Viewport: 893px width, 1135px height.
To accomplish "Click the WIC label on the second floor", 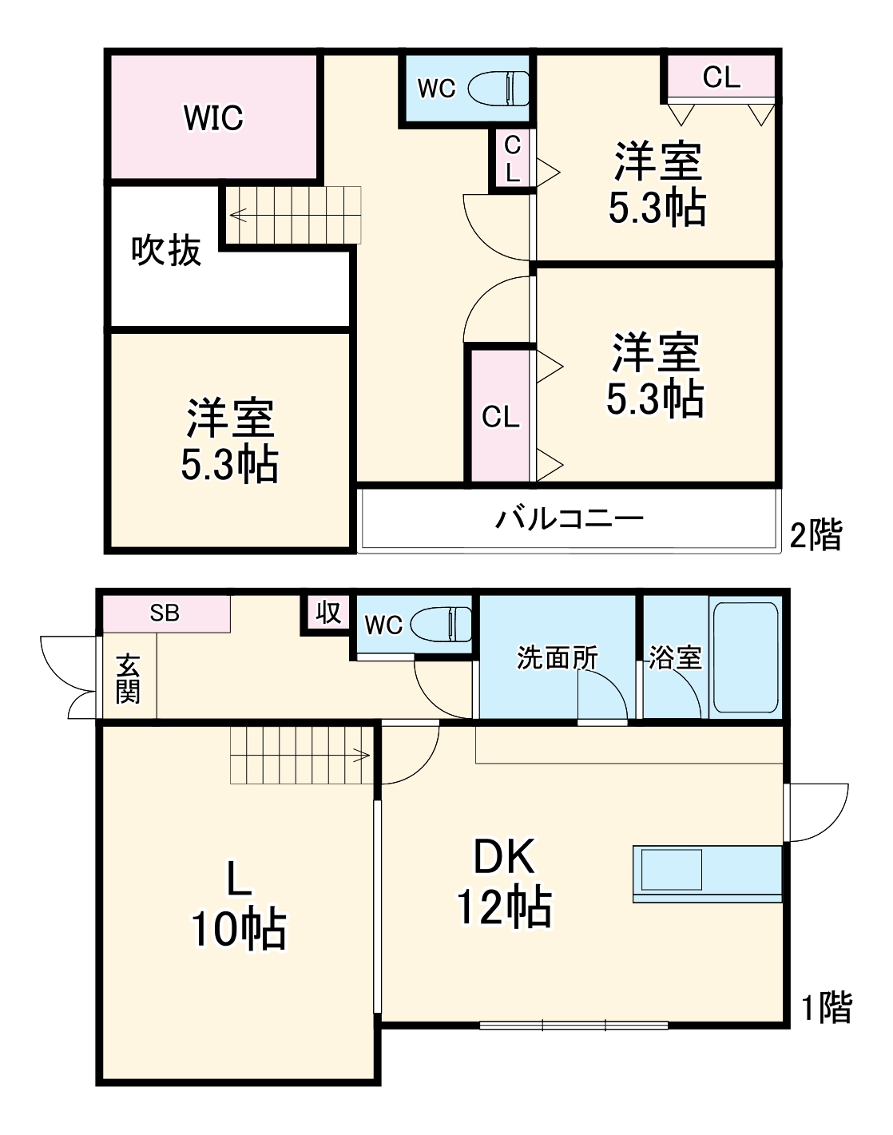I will tap(213, 118).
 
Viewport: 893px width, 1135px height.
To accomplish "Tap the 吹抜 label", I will tap(166, 251).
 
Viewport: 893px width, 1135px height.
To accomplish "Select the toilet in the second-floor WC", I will tap(498, 88).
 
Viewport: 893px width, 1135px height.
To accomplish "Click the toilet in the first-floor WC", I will tap(442, 625).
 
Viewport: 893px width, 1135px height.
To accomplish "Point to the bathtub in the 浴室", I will tap(745, 657).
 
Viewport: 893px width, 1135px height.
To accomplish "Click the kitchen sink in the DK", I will tap(672, 870).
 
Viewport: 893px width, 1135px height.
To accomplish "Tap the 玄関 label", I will tap(128, 679).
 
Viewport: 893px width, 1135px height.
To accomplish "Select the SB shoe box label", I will tap(165, 613).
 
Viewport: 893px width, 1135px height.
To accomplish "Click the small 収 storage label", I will tap(327, 613).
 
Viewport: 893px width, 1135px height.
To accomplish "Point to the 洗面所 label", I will tap(557, 658).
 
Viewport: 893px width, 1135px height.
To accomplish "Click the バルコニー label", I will tap(569, 519).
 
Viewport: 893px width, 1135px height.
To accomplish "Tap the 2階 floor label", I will tap(816, 534).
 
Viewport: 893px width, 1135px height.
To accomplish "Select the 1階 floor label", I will tap(827, 1008).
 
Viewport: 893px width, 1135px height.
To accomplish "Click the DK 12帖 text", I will tap(504, 882).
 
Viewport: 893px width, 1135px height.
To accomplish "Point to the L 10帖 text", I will tap(238, 905).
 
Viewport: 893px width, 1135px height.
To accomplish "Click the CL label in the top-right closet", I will tap(721, 77).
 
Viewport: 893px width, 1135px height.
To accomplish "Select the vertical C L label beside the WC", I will tap(512, 158).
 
